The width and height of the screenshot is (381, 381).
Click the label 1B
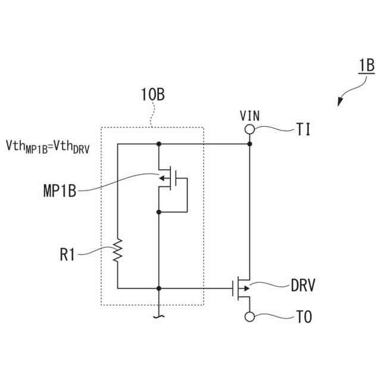(366, 65)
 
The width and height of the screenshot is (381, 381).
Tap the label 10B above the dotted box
(152, 94)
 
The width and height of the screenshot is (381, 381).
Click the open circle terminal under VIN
(250, 129)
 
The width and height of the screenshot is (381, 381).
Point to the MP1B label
(60, 191)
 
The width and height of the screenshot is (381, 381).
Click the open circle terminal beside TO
(250, 316)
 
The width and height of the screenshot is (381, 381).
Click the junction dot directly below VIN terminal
(250, 144)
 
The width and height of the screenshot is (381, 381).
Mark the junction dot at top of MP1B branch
(159, 144)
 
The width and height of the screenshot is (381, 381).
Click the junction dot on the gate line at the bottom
(159, 288)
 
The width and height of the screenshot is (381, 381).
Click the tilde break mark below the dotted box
(159, 317)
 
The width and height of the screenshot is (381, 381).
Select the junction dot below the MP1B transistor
(159, 211)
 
